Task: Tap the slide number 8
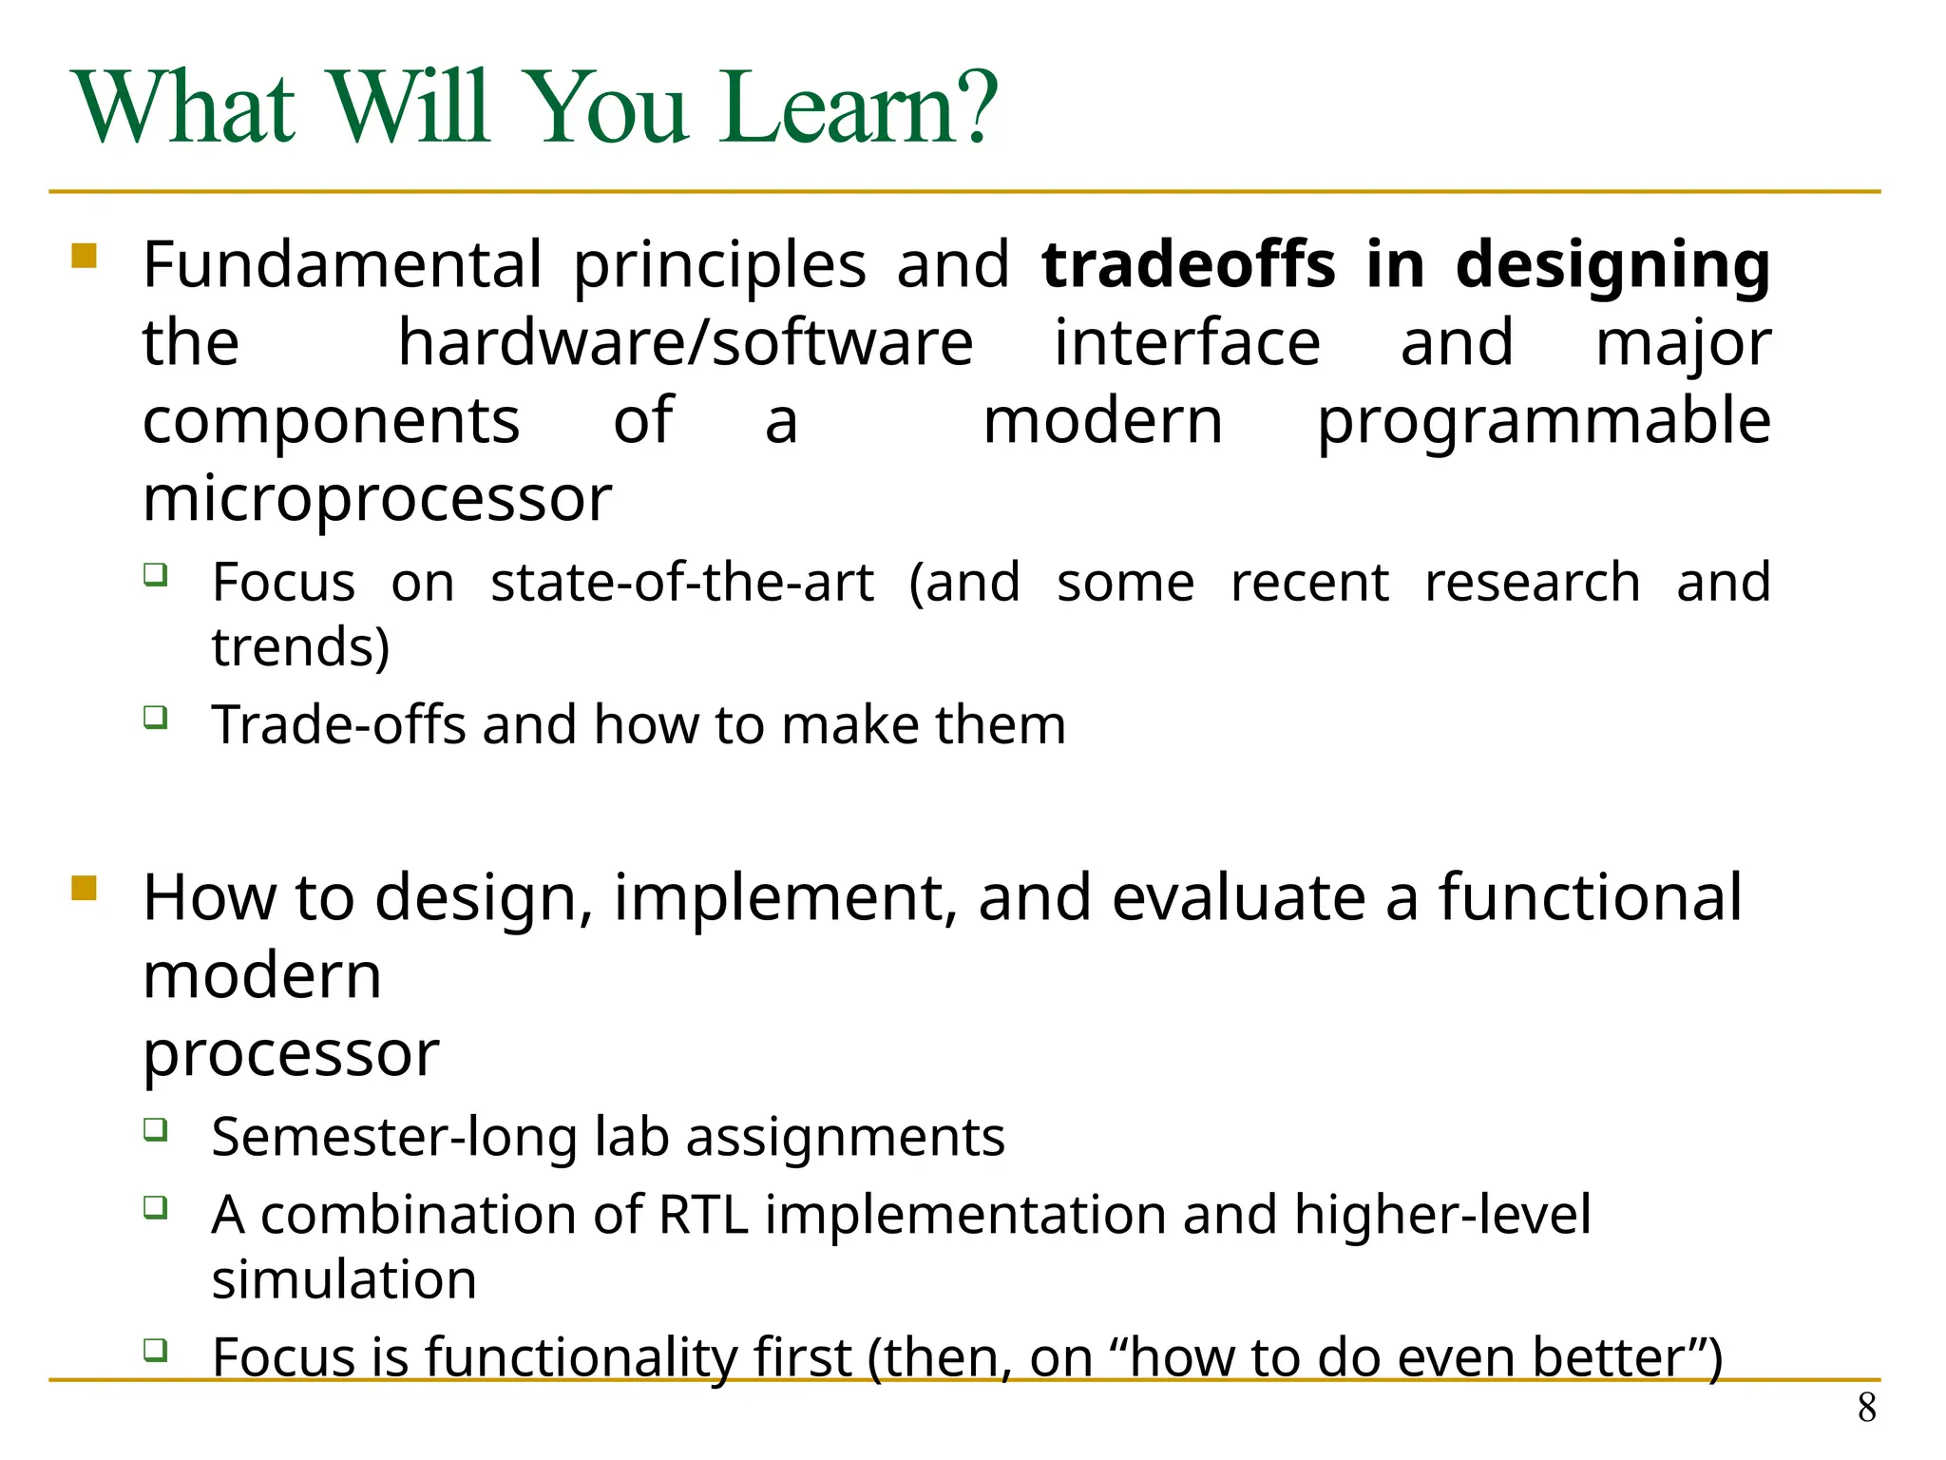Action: click(x=1866, y=1408)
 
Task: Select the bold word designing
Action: click(x=1612, y=266)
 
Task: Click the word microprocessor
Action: click(x=377, y=499)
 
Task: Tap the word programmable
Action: click(x=1543, y=421)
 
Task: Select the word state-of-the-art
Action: click(x=681, y=582)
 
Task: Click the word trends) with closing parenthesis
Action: click(x=300, y=647)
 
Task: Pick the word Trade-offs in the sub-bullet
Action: click(x=338, y=724)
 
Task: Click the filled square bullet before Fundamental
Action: click(x=85, y=257)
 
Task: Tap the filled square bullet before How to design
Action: click(x=85, y=889)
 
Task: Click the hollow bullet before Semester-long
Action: click(x=156, y=1129)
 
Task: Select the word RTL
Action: click(x=703, y=1215)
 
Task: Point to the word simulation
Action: click(x=344, y=1279)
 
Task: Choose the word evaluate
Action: click(x=1238, y=897)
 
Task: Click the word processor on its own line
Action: click(x=291, y=1054)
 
